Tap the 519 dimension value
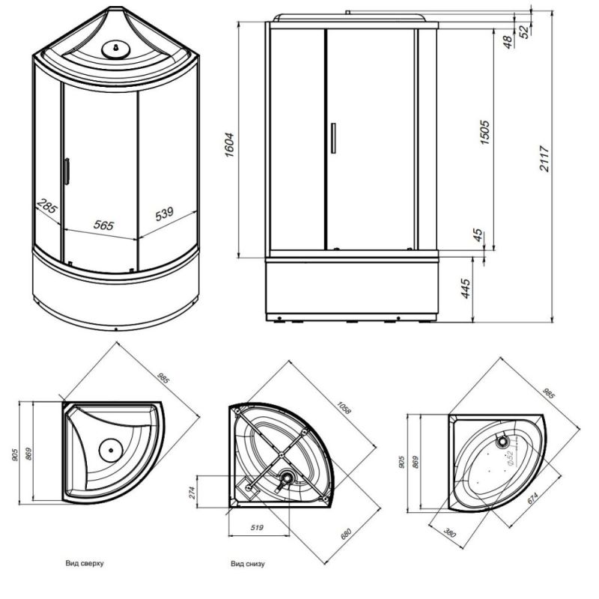tap(258, 529)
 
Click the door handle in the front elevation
tap(332, 138)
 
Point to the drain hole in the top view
tap(110, 450)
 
